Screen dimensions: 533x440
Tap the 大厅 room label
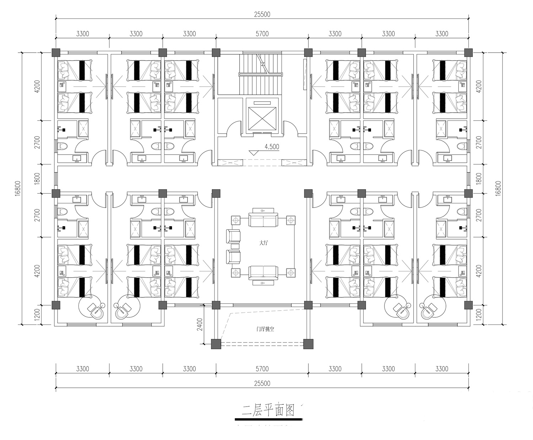(263, 243)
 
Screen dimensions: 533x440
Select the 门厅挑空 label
(265, 329)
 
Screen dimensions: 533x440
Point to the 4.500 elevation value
(272, 147)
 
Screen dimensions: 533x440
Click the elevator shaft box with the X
(262, 119)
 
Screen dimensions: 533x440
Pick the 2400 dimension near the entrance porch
(200, 324)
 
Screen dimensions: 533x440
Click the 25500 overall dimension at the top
(262, 14)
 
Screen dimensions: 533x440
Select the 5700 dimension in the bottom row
(262, 369)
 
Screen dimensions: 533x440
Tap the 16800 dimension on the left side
(17, 188)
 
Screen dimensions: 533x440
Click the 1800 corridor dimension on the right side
(479, 178)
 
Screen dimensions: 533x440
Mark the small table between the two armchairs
(235, 246)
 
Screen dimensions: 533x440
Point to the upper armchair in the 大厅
(233, 236)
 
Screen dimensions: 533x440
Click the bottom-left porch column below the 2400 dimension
(216, 344)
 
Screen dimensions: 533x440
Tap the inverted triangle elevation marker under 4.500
(254, 153)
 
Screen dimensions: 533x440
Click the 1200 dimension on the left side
(37, 315)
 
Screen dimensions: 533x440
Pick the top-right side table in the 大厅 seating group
(291, 220)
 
